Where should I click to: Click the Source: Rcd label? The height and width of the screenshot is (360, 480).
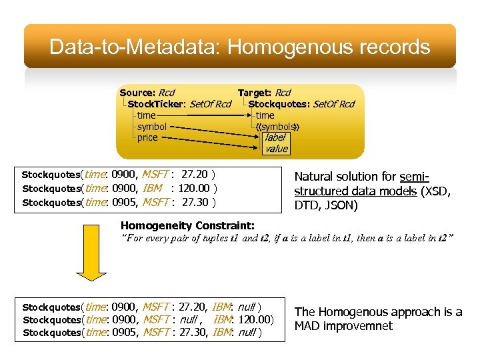(147, 93)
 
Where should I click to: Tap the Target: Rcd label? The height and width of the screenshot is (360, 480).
(264, 93)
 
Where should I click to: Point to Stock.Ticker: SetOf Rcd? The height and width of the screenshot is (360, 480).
(179, 104)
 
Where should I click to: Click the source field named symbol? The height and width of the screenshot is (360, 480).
(151, 126)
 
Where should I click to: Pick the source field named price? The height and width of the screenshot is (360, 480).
(147, 137)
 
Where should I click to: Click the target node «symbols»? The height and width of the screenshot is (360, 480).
(277, 126)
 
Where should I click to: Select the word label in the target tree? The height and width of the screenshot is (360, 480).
(275, 137)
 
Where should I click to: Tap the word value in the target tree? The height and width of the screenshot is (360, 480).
(276, 149)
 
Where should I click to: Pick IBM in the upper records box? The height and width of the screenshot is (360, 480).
(153, 189)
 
